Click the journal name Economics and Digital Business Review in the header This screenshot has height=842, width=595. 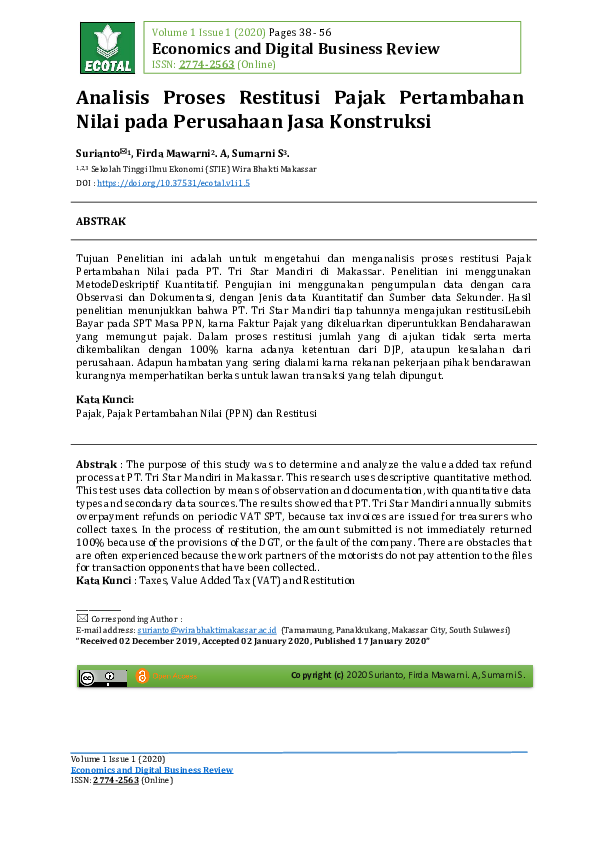click(x=295, y=49)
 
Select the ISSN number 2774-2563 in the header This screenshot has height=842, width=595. click(x=207, y=65)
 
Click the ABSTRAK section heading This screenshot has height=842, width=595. click(x=101, y=219)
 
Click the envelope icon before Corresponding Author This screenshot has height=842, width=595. click(x=82, y=619)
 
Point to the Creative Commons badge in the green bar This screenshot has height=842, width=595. click(x=103, y=677)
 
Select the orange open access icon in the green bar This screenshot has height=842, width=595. click(x=142, y=677)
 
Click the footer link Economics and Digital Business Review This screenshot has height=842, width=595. click(x=151, y=770)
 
